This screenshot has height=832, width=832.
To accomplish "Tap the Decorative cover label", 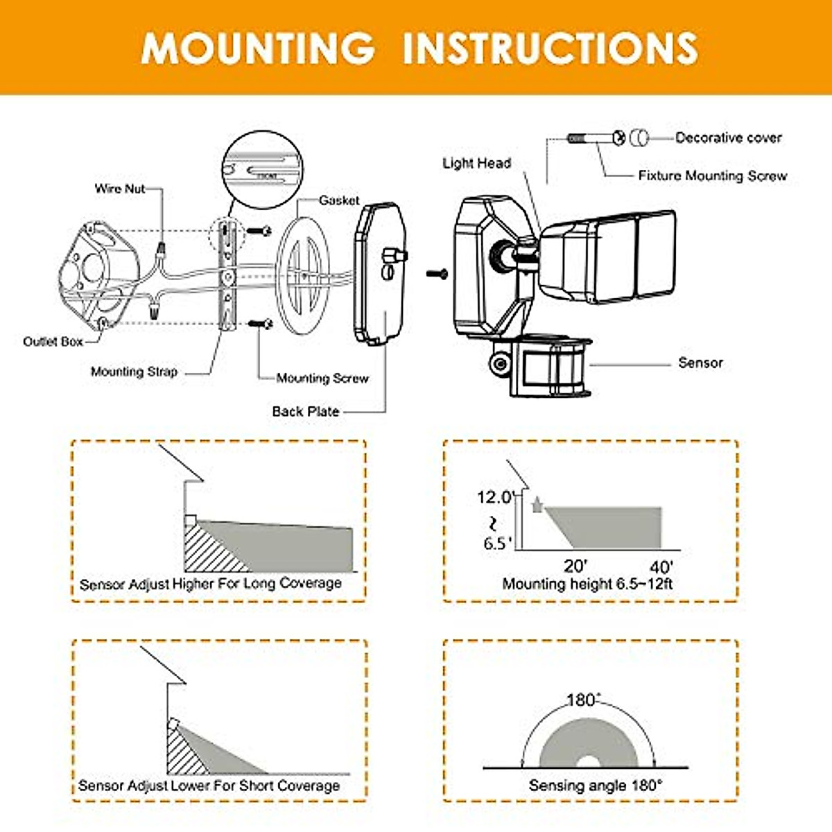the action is [x=728, y=138].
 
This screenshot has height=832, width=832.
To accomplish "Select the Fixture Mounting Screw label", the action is [x=712, y=176].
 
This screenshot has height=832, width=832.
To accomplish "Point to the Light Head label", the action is [x=476, y=164].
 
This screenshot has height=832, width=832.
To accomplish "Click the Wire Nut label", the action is [x=120, y=189].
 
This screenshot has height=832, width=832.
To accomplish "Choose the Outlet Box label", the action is [x=53, y=341].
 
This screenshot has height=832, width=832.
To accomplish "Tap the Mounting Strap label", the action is [x=134, y=372].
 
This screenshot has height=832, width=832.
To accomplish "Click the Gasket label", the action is [x=339, y=200].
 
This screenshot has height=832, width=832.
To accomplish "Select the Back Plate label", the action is [x=305, y=411].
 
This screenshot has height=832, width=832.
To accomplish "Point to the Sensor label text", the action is [x=700, y=363].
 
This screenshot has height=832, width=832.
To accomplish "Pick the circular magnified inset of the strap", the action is [x=266, y=171].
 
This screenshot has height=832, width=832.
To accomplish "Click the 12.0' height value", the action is [x=494, y=497].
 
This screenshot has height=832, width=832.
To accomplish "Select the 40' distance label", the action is [x=661, y=568].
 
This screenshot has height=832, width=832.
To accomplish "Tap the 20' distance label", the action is [x=575, y=566].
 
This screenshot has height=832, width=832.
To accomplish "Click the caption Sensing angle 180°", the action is [x=595, y=786].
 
